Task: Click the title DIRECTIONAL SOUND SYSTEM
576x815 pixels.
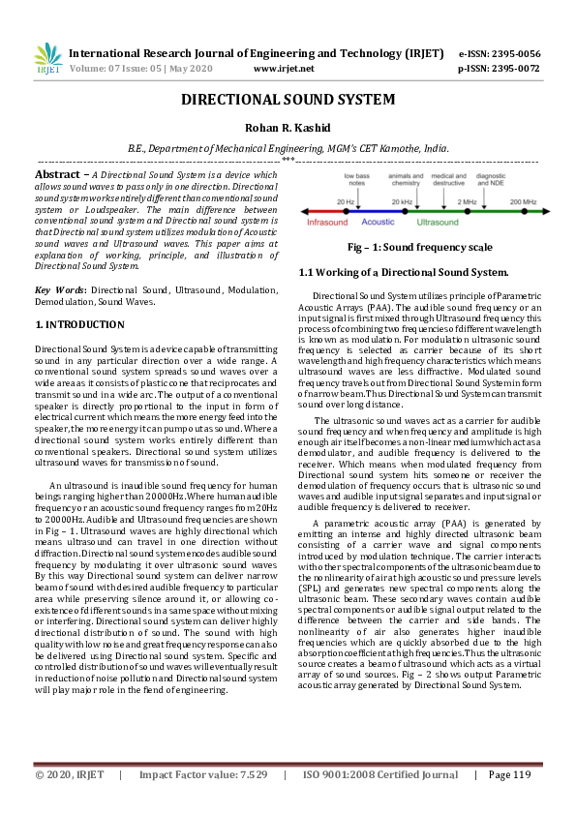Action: coord(288,100)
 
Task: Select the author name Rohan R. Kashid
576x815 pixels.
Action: coord(288,128)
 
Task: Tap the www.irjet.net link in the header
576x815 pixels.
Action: coord(283,69)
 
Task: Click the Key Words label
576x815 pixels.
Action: coord(56,289)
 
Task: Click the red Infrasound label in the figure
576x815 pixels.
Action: coord(326,222)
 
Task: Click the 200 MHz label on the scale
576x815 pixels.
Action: coord(523,200)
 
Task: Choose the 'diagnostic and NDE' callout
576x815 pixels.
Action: coord(491,179)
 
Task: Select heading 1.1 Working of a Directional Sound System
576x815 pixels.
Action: coord(404,273)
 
